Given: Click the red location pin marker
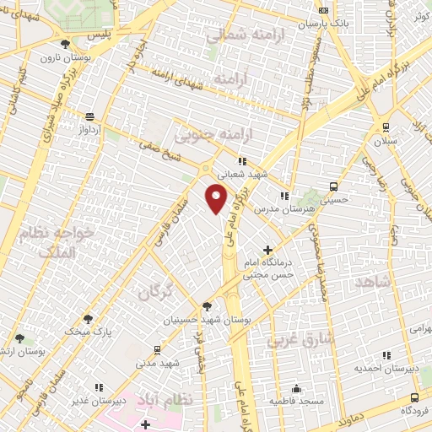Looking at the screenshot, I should pyautogui.click(x=217, y=197).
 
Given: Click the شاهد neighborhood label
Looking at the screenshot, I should pyautogui.click(x=371, y=283).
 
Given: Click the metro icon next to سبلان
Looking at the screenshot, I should pyautogui.click(x=386, y=127).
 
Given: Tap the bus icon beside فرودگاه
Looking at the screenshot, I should pyautogui.click(x=413, y=397).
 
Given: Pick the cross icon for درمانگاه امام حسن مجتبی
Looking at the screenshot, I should pyautogui.click(x=268, y=250).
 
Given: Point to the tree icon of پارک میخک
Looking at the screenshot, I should pyautogui.click(x=88, y=319).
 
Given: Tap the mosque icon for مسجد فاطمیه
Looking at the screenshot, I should pyautogui.click(x=296, y=389).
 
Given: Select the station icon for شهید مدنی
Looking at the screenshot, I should pyautogui.click(x=157, y=349).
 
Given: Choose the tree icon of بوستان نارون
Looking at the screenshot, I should pyautogui.click(x=66, y=42).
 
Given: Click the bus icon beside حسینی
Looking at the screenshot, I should pyautogui.click(x=335, y=186).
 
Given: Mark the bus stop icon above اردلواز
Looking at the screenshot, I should pyautogui.click(x=90, y=116).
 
